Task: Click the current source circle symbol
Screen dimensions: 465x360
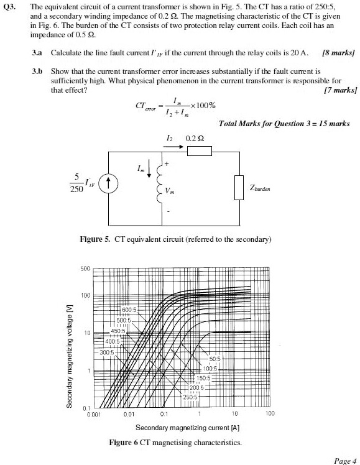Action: [109, 183]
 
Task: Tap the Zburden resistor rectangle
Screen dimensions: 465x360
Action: [238, 187]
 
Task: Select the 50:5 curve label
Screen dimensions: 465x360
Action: [215, 358]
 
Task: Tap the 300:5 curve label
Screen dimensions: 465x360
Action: [108, 352]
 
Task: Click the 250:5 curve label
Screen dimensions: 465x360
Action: [190, 397]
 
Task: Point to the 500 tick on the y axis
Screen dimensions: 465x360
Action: [86, 269]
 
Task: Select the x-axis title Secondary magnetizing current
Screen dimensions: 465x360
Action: [187, 428]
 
